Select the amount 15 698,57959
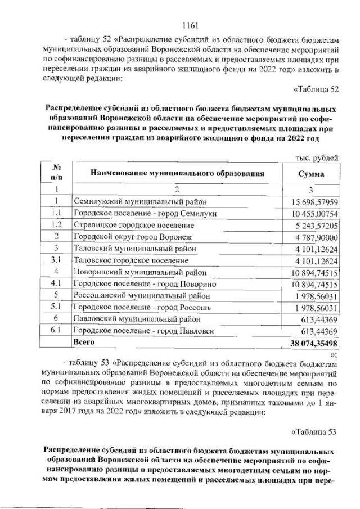[x=314, y=201]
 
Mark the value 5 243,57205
[x=314, y=224]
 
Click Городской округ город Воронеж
[x=135, y=236]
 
